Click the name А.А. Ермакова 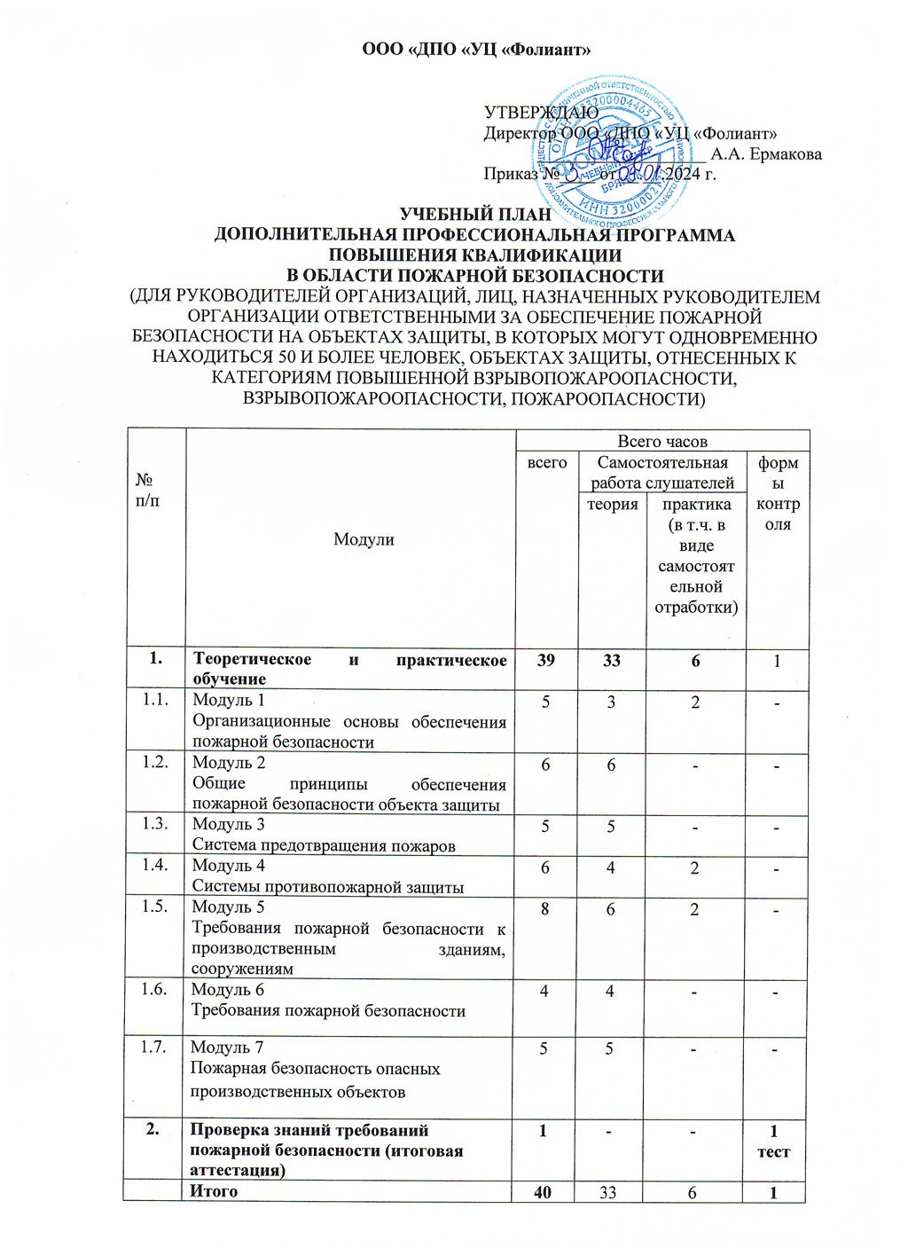click(766, 154)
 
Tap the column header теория click(612, 504)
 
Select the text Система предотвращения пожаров click(324, 845)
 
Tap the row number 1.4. click(156, 865)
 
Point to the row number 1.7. click(156, 1047)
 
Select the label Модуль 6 click(228, 990)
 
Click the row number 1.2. click(156, 763)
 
